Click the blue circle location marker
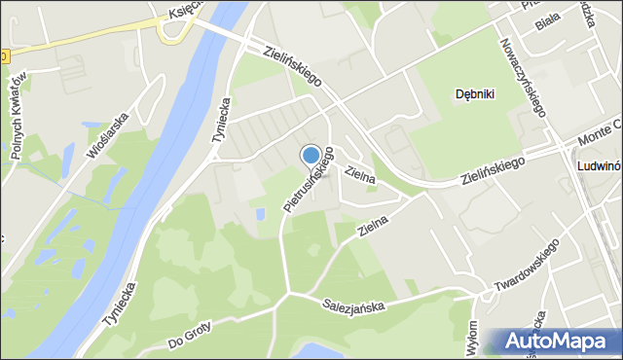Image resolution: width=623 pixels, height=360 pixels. click(x=311, y=155)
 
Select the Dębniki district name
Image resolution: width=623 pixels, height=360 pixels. click(x=477, y=94)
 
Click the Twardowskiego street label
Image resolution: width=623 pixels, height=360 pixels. click(x=524, y=269)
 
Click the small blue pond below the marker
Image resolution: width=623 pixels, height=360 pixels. click(x=259, y=212)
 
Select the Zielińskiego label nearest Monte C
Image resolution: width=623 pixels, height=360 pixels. click(x=493, y=171)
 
